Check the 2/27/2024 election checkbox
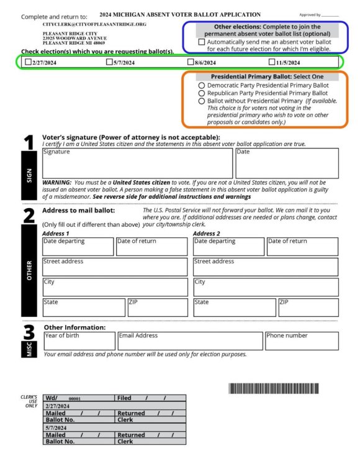click(x=28, y=62)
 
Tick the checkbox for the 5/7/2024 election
click(x=109, y=62)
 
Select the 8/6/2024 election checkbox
click(x=191, y=62)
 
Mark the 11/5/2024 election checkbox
click(x=272, y=62)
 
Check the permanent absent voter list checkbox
click(x=201, y=42)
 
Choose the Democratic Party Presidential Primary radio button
click(x=201, y=85)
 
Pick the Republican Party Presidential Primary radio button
click(x=201, y=93)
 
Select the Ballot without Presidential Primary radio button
click(x=201, y=101)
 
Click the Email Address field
click(x=190, y=341)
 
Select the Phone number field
click(x=302, y=341)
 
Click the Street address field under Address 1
click(x=115, y=267)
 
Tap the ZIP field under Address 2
click(x=308, y=308)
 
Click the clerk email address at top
click(x=94, y=24)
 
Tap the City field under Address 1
click(x=115, y=287)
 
